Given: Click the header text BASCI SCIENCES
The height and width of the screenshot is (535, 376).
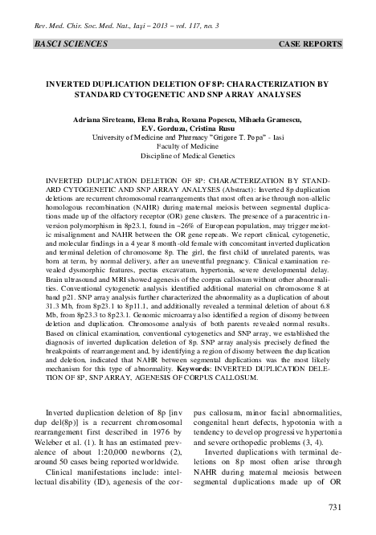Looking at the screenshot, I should pyautogui.click(x=63, y=39).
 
